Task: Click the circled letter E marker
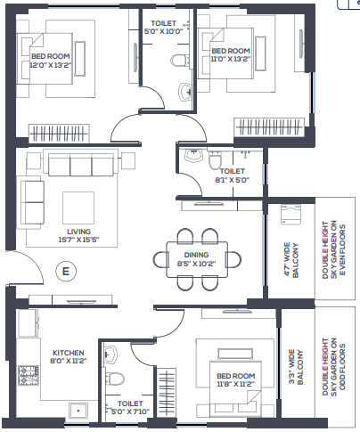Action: pyautogui.click(x=66, y=271)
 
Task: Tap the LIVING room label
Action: pyautogui.click(x=78, y=232)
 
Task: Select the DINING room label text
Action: pyautogui.click(x=196, y=255)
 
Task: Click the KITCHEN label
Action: pyautogui.click(x=69, y=353)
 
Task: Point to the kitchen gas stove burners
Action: pyautogui.click(x=29, y=375)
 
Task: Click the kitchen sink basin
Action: pyautogui.click(x=78, y=412)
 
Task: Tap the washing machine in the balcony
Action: pyautogui.click(x=290, y=215)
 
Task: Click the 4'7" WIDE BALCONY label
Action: pyautogui.click(x=291, y=260)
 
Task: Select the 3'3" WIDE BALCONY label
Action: pyautogui.click(x=296, y=367)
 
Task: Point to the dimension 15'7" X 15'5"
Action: pyautogui.click(x=78, y=240)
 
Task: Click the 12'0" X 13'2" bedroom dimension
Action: pyautogui.click(x=51, y=65)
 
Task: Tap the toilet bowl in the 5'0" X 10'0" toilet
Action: pyautogui.click(x=179, y=61)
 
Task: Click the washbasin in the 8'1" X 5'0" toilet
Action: pyautogui.click(x=193, y=155)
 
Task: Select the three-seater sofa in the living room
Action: pyautogui.click(x=81, y=163)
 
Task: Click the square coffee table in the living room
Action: pyautogui.click(x=78, y=208)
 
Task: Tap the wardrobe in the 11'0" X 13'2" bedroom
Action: pyautogui.click(x=269, y=127)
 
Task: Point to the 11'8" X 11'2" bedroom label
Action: pyautogui.click(x=236, y=379)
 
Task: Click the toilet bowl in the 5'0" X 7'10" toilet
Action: pyautogui.click(x=115, y=379)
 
